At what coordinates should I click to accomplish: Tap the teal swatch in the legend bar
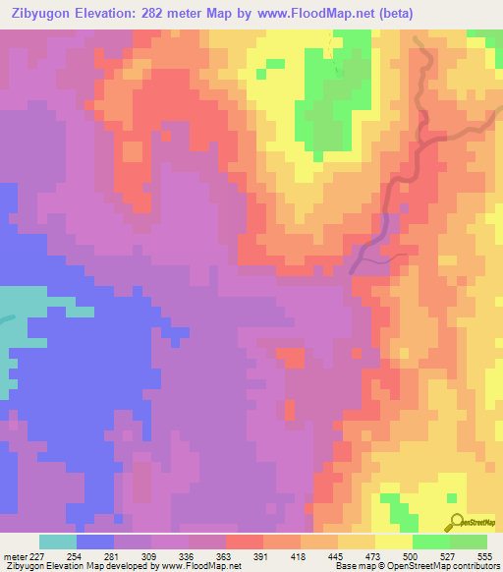(58, 542)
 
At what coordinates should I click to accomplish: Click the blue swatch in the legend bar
(95, 542)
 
